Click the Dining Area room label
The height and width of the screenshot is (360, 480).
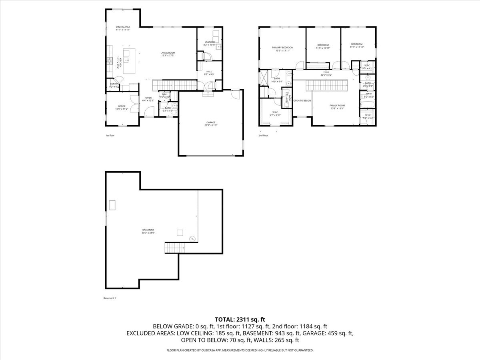point(123,28)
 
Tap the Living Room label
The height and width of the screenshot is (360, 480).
point(168,54)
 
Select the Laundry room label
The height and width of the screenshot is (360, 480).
point(210,43)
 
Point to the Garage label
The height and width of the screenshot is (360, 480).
point(211,124)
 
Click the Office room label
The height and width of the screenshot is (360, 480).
point(122,107)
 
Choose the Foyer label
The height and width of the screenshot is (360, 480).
point(148,99)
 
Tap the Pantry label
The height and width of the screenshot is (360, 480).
point(114,85)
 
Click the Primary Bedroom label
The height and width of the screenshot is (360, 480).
point(280,49)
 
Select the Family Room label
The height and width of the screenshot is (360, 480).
point(337,107)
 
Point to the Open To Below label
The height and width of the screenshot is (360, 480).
point(302,101)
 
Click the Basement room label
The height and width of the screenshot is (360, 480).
point(148,231)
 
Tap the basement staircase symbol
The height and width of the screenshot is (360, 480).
point(174,248)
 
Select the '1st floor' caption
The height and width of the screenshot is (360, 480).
point(110,136)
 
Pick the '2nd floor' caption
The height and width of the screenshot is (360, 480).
point(263,136)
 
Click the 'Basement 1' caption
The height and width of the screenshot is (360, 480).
point(109,298)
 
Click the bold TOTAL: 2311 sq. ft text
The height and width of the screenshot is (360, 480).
point(240,319)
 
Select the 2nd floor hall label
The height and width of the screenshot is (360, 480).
point(326,73)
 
